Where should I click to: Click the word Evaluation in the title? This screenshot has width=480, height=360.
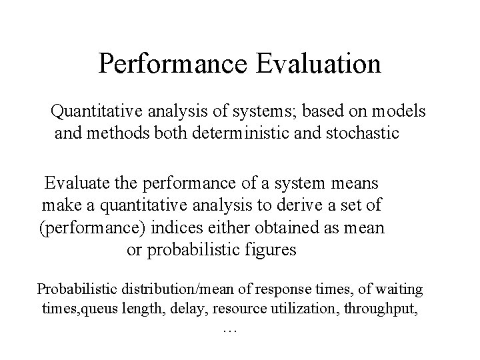319,64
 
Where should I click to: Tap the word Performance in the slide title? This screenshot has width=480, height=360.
175,64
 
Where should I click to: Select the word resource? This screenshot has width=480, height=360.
249,309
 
